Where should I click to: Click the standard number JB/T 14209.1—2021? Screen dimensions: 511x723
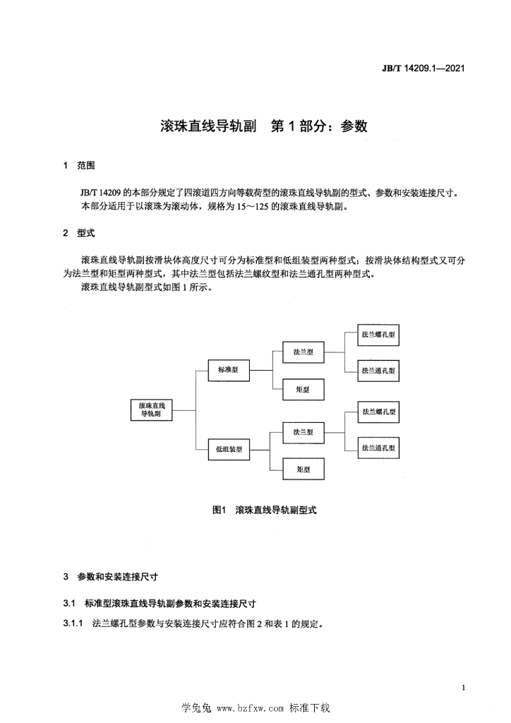423,68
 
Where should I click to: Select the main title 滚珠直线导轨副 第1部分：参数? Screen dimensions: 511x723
263,126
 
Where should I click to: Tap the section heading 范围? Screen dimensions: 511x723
85,165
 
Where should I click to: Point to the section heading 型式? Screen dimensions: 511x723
85,233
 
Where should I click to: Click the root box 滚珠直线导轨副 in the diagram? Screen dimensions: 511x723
152,410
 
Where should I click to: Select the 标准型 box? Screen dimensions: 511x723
229,370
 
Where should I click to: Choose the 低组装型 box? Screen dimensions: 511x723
229,449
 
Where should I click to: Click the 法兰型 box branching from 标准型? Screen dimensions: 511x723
303,352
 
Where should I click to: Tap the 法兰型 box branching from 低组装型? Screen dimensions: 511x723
303,432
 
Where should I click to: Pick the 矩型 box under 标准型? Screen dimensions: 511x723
303,390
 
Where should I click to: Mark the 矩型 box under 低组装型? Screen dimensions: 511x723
303,470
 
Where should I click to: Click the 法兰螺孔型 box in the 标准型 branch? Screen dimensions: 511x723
378,335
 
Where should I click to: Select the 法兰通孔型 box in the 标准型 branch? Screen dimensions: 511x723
378,371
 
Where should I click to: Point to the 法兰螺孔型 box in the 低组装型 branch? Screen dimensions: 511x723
378,412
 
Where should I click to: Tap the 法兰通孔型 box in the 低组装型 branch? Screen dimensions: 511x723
378,448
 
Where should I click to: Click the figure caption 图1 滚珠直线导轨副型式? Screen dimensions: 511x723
265,510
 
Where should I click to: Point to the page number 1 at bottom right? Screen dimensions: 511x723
463,688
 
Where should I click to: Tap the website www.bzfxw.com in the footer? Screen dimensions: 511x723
250,708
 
